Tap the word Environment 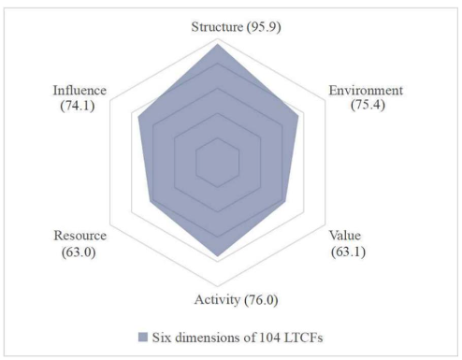pyautogui.click(x=366, y=91)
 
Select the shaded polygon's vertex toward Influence pyautogui.click(x=139, y=117)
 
